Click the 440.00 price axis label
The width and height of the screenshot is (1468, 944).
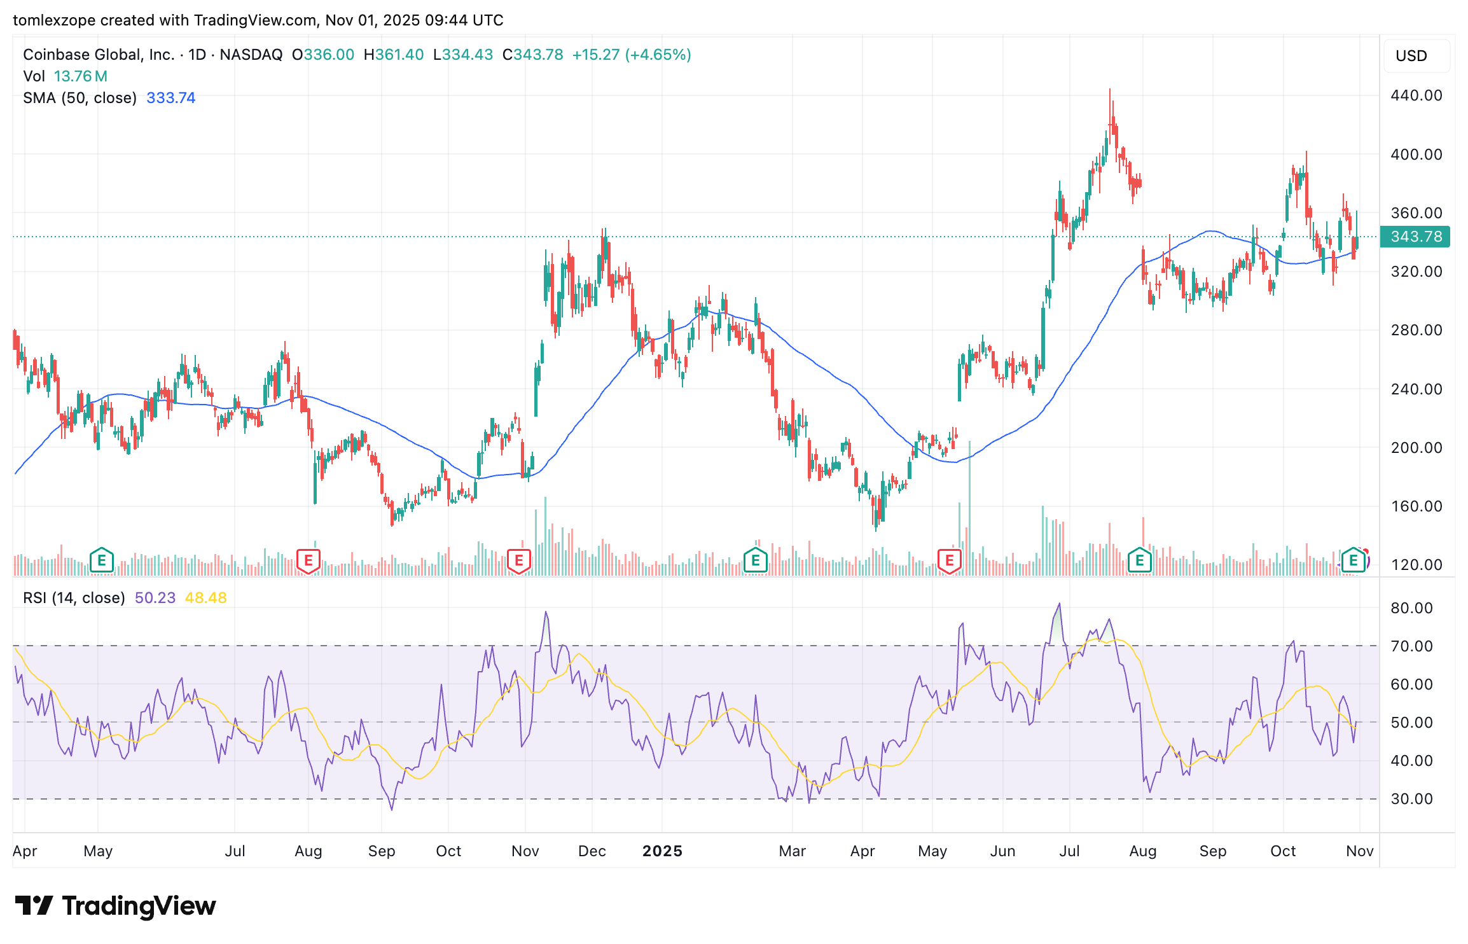coord(1416,95)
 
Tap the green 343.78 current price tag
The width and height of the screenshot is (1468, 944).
coord(1415,237)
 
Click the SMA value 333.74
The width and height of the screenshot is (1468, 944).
coord(170,98)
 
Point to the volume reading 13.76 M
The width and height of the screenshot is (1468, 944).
coord(80,76)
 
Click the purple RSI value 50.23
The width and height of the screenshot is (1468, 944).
coord(155,598)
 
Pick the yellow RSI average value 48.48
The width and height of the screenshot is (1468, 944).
coord(205,598)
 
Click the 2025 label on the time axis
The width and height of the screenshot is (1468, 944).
coord(662,851)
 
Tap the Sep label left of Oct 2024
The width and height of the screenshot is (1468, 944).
coord(382,851)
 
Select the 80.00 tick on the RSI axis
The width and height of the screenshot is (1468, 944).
coord(1411,608)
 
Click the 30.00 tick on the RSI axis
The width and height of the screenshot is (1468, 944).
coord(1411,799)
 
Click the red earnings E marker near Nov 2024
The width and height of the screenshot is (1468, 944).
coord(519,561)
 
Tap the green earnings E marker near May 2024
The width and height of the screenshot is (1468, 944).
coord(102,561)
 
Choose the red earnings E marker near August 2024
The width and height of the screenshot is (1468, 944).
coord(308,561)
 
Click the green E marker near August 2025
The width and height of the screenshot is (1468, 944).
coord(1140,561)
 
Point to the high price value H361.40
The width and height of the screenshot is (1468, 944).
coord(393,55)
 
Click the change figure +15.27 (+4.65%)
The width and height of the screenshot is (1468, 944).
coord(631,55)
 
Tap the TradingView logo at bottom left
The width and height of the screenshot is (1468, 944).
coord(115,906)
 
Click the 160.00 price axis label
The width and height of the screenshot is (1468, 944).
coord(1416,506)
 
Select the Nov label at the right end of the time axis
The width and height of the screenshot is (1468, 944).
coord(1359,851)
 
